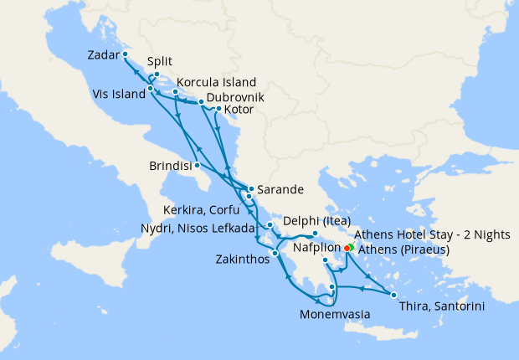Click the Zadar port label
[104, 56]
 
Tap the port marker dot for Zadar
[125, 54]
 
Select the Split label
[160, 62]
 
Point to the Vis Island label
[116, 94]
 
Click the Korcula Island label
[216, 83]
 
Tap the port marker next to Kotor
[218, 109]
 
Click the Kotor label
[240, 110]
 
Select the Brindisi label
[171, 165]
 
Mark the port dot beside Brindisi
[197, 165]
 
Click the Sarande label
[280, 189]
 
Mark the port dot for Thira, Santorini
[393, 295]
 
